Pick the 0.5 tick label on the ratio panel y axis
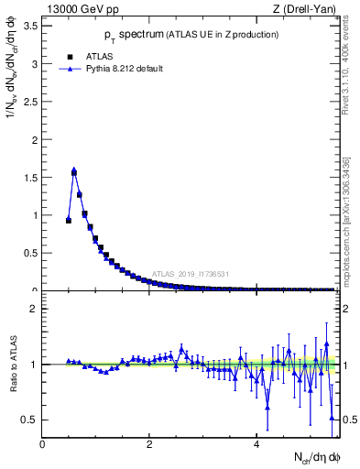coord(28,420)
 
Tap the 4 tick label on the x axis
coord(256,445)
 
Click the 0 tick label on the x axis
coord(42,445)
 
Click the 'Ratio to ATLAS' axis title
coord(12,365)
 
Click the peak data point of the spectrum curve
coord(74,171)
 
